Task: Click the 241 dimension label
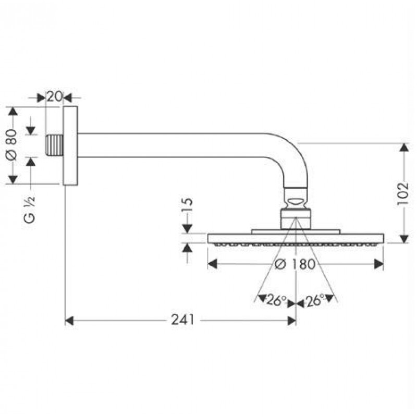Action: [x=183, y=320]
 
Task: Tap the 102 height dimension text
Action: [x=403, y=193]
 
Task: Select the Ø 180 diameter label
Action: [x=295, y=264]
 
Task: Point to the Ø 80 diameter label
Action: [x=11, y=145]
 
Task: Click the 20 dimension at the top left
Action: [x=55, y=96]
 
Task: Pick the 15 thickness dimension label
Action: [x=188, y=205]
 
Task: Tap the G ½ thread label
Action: [x=29, y=210]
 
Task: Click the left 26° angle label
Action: [x=276, y=300]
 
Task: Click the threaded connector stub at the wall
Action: [x=55, y=145]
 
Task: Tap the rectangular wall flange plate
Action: [x=70, y=145]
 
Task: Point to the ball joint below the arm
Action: [x=296, y=202]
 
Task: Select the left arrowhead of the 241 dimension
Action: [x=69, y=321]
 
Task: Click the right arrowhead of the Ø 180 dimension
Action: [x=379, y=264]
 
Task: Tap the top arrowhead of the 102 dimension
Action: [x=404, y=148]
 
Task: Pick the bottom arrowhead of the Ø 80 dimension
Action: [x=13, y=179]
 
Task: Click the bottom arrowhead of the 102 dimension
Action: [x=404, y=239]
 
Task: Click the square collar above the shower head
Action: [x=296, y=219]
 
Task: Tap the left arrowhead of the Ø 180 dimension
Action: [x=212, y=264]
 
